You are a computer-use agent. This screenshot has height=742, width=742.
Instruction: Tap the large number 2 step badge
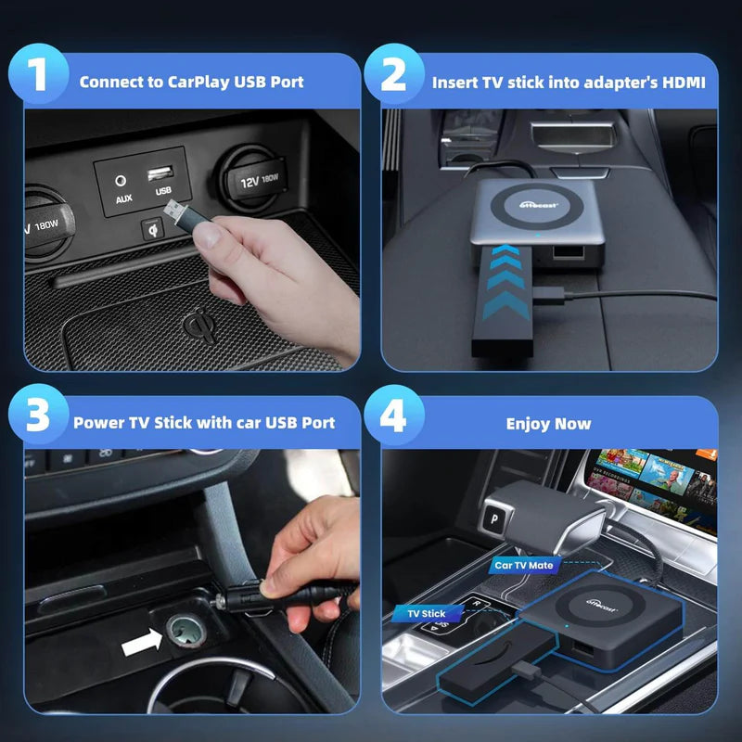click(393, 76)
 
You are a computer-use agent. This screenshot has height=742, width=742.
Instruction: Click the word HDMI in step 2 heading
click(683, 83)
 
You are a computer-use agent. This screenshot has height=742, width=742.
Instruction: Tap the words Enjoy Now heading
click(548, 424)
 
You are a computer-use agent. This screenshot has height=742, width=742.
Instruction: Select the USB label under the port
click(163, 192)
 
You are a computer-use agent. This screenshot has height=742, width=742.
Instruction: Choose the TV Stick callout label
click(427, 613)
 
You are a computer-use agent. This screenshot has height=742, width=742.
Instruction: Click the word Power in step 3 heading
click(97, 423)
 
